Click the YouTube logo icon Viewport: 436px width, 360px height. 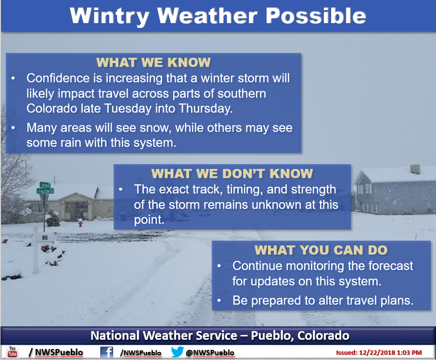[x=12, y=352]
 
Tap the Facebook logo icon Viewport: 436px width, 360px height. [x=107, y=352]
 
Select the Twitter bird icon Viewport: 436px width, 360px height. [x=178, y=352]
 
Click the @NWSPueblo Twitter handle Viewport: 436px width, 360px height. [x=210, y=352]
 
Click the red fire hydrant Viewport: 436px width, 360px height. [x=80, y=222]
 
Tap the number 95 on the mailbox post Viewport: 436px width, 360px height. [x=45, y=238]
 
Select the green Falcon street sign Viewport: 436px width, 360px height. [x=45, y=191]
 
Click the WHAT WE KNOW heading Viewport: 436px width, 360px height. [x=154, y=62]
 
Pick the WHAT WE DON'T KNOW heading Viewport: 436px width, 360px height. [x=232, y=173]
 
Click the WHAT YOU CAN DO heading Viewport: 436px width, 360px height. [x=321, y=250]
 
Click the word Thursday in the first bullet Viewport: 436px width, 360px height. [x=205, y=108]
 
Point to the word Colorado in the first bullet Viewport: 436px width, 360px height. [x=51, y=108]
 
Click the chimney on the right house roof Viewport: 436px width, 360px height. [x=415, y=168]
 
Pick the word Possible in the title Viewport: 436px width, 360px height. [x=316, y=15]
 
